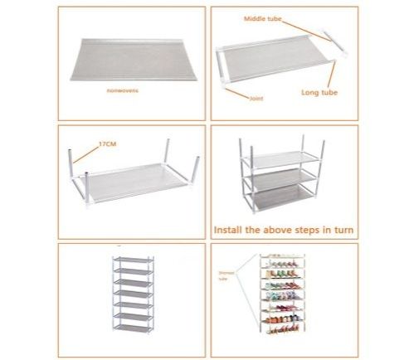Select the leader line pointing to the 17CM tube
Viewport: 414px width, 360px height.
tap(86, 150)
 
